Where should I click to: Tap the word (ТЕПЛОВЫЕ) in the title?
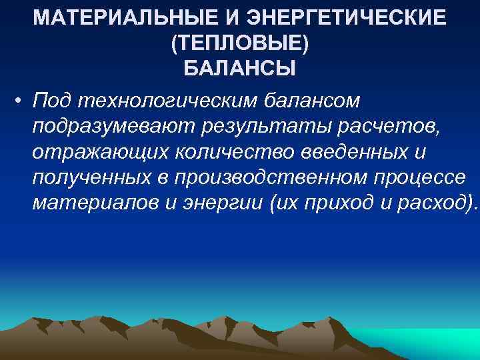[240, 42]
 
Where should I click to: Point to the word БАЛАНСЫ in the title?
[240, 68]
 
